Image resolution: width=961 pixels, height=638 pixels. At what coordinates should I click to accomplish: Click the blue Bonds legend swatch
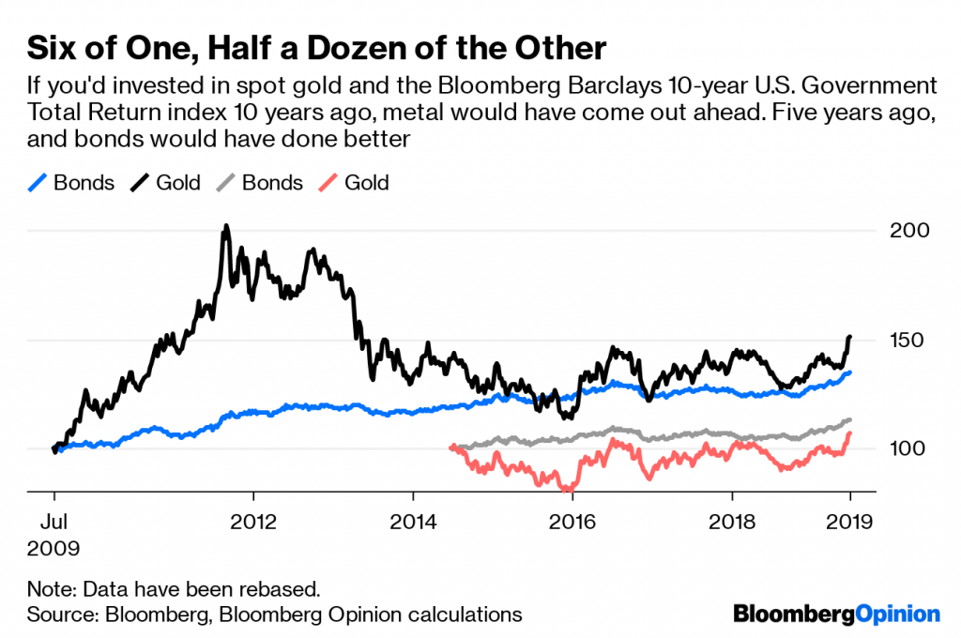pos(37,183)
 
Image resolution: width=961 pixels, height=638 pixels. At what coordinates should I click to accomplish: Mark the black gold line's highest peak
pos(225,226)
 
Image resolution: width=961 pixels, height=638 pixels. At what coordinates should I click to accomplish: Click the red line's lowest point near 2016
pos(567,490)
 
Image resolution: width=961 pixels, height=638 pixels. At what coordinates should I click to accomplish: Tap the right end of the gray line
pos(850,419)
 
